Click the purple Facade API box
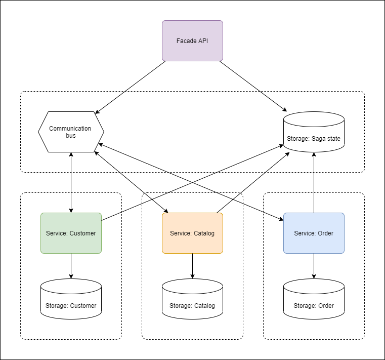(192, 41)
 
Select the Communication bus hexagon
(71, 132)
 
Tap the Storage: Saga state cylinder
(314, 133)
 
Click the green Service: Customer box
(71, 233)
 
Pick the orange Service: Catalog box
(192, 233)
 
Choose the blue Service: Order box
(314, 233)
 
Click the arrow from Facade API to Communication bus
(131, 87)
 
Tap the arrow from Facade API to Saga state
(253, 86)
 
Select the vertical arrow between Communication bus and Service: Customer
(71, 182)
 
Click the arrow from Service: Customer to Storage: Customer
(71, 266)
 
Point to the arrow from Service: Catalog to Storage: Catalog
(192, 266)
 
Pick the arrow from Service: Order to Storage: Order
(314, 266)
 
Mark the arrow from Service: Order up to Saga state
(314, 182)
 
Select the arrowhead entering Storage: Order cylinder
(314, 276)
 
